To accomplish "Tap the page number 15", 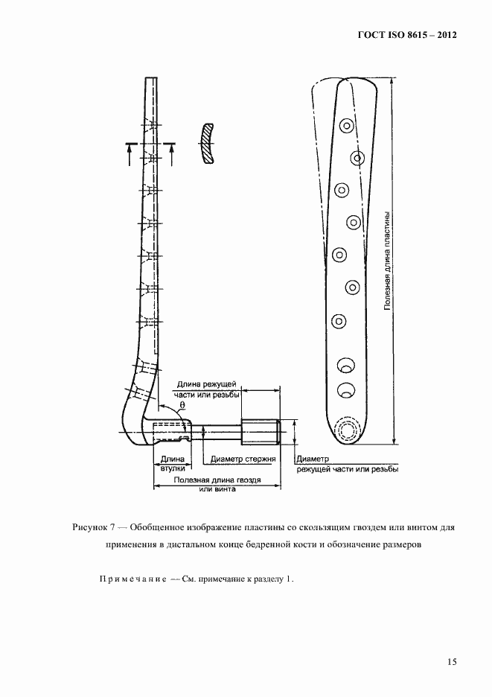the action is pyautogui.click(x=452, y=661).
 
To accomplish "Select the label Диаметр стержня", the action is pyautogui.click(x=243, y=459).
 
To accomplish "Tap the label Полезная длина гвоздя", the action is pyautogui.click(x=217, y=484).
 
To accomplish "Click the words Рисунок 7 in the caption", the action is pyautogui.click(x=91, y=527).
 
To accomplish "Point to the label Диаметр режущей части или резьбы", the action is pyautogui.click(x=346, y=464).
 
